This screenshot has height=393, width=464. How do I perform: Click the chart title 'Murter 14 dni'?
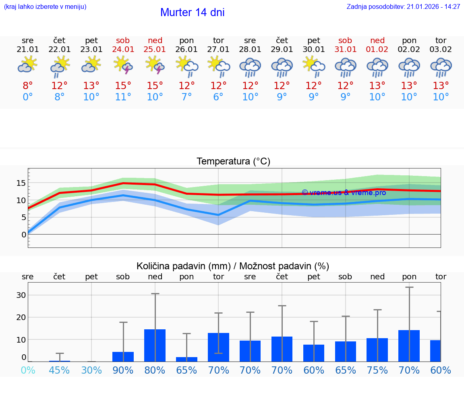point(192,12)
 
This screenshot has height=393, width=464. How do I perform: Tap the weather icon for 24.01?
point(123,65)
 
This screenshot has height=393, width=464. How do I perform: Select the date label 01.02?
point(377,50)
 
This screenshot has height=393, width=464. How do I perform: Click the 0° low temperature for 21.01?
point(28,97)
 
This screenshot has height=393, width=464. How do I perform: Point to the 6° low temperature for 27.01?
point(218,97)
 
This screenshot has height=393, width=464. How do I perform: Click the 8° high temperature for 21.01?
point(28,86)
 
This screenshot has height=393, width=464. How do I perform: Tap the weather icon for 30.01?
point(314,65)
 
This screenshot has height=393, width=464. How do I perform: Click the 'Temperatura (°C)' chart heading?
point(233,162)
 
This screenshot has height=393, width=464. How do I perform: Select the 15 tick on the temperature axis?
point(21,183)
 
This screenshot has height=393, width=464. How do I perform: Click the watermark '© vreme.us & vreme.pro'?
point(344,193)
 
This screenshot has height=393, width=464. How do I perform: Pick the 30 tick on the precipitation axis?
point(21,295)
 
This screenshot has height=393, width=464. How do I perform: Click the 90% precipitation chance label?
point(123,370)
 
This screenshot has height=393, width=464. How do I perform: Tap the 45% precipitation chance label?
point(60,370)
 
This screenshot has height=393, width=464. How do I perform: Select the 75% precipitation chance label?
point(377,370)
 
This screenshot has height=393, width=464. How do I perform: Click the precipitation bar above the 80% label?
point(155,345)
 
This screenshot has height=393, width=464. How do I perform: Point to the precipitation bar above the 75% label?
point(377,350)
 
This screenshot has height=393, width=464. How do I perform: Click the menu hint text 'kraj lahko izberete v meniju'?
point(45,6)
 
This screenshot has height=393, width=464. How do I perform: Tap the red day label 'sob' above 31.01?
point(345,40)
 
